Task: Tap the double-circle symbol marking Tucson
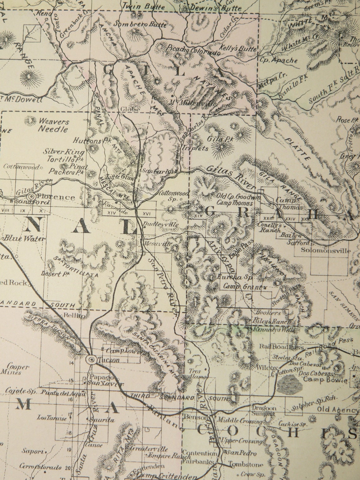92,359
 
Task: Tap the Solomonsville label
326,251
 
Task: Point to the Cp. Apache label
278,60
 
